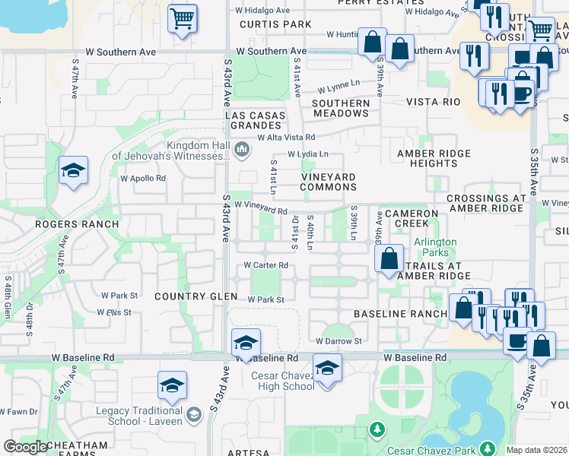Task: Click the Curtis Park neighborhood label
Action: [x=265, y=24]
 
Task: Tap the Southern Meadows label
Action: [x=340, y=108]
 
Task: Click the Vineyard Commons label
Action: [x=329, y=182]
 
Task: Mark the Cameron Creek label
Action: [x=412, y=219]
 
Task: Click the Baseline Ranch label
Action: [x=401, y=313]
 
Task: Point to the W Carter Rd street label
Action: [x=265, y=265]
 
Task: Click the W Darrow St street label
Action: [x=338, y=342]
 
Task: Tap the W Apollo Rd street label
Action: [x=143, y=179]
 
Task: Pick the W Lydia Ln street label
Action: [x=307, y=154]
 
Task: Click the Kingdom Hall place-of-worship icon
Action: [x=242, y=148]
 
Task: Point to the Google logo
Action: [x=25, y=448]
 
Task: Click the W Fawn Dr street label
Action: [x=18, y=412]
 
